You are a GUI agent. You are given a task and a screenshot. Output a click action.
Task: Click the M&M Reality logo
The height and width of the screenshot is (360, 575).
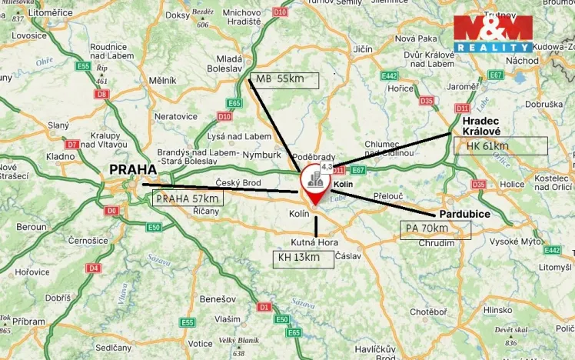[492, 34]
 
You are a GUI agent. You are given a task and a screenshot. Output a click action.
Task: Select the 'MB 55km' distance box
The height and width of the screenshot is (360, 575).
[284, 79]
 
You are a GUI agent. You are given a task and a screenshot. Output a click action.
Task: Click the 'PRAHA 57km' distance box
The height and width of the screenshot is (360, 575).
[189, 198]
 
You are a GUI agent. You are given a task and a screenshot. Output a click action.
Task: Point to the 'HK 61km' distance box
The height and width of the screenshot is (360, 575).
[500, 146]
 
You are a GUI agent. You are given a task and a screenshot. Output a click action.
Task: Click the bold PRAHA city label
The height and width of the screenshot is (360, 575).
[133, 169]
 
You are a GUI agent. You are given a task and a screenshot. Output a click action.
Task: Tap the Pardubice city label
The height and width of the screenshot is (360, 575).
[466, 213]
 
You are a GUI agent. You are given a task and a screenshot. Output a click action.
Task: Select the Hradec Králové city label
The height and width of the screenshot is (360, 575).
[481, 126]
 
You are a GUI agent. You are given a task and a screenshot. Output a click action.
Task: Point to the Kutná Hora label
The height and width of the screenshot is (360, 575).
[314, 242]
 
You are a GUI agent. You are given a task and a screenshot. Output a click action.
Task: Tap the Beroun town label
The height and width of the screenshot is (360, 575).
[32, 228]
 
